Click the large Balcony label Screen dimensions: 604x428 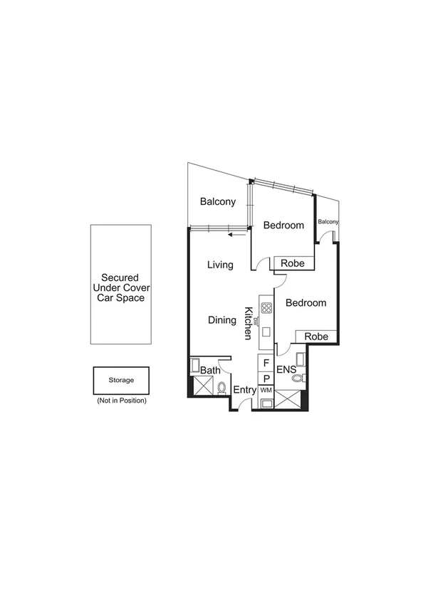click(x=217, y=202)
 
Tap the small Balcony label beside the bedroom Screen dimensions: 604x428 click(x=328, y=222)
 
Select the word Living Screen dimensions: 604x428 click(x=220, y=265)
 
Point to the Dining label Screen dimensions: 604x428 click(x=221, y=320)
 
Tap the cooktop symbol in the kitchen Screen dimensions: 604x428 click(x=266, y=308)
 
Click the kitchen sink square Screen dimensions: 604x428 click(x=266, y=332)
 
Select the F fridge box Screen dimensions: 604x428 click(x=266, y=363)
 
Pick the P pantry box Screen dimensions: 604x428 click(x=266, y=378)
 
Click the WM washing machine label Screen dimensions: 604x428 click(x=266, y=391)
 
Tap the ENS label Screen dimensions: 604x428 click(x=286, y=370)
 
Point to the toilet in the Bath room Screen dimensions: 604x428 click(x=221, y=388)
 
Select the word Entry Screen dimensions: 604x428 click(x=244, y=390)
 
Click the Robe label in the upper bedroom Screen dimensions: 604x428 click(x=293, y=263)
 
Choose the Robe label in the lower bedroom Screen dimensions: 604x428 click(x=315, y=337)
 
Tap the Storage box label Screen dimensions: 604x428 click(x=120, y=380)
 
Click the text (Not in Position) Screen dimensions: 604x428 click(x=121, y=401)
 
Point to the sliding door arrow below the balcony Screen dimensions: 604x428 click(x=236, y=233)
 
